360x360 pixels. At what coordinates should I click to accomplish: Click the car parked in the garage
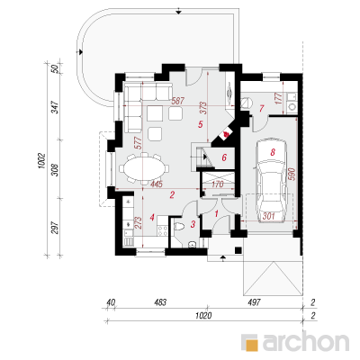point(272,180)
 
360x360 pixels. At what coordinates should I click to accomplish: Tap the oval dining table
point(143,168)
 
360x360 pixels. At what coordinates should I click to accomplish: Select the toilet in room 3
point(180,227)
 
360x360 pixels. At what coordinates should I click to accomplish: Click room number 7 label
point(262,108)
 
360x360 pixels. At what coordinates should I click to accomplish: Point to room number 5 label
point(201,124)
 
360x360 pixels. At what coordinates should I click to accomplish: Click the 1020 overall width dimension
point(203,315)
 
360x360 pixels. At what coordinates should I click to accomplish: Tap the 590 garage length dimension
point(292,174)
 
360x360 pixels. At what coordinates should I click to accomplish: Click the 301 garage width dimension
point(269,216)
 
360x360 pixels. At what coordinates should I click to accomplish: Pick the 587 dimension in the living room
point(177,101)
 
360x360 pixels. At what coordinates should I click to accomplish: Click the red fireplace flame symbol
point(227,133)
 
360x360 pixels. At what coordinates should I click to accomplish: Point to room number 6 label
point(224,157)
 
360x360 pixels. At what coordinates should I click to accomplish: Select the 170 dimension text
point(217,184)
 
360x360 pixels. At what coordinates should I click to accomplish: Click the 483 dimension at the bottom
point(160,302)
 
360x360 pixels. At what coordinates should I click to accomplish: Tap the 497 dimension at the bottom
point(254,302)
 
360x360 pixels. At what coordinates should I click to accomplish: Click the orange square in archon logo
point(251,345)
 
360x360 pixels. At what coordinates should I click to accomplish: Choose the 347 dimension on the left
point(57,107)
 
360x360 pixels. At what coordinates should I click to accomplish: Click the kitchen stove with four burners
point(163,230)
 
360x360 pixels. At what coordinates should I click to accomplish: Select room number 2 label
point(172,195)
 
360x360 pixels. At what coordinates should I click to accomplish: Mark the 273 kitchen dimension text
point(138,223)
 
